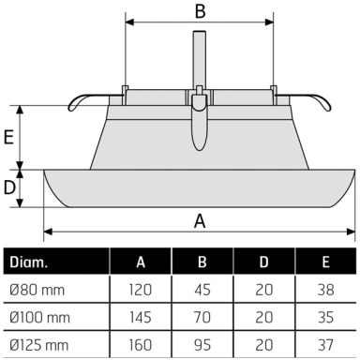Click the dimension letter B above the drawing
point(201,10)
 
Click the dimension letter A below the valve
point(200,221)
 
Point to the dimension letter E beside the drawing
point(8,137)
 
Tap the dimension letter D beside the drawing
point(9,187)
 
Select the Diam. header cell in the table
point(28,262)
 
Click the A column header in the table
point(141,262)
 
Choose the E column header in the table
point(326,262)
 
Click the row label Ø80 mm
point(37,290)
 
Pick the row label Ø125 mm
point(38,345)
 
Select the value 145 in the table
point(141,318)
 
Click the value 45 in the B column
point(202,290)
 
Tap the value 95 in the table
point(202,345)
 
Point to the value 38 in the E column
point(326,290)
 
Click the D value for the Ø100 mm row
point(264,318)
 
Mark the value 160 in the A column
point(141,345)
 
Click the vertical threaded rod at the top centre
point(200,59)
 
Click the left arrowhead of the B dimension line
point(129,22)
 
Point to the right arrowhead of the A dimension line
point(351,232)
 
